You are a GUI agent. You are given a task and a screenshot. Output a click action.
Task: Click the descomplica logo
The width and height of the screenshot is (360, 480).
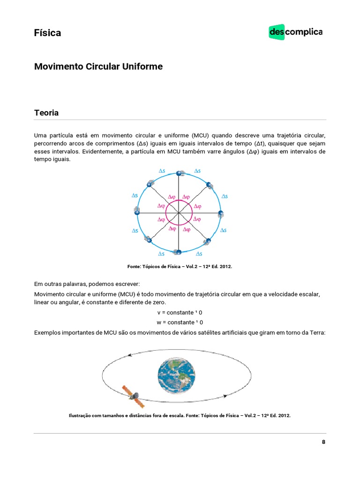295,32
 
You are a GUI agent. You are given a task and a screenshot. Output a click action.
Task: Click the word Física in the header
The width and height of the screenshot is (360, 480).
47,33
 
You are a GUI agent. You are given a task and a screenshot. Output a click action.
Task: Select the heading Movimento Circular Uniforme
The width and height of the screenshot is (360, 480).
98,67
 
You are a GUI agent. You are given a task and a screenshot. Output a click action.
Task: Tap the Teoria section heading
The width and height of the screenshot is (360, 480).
46,113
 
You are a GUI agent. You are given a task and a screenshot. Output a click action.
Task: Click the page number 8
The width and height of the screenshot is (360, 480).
323,442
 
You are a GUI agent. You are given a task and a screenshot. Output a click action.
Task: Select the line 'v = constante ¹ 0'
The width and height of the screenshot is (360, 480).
180,312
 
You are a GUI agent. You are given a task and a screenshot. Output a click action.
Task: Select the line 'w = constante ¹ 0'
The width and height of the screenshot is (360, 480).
180,322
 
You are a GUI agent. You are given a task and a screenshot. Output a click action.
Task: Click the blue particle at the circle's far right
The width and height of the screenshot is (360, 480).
220,213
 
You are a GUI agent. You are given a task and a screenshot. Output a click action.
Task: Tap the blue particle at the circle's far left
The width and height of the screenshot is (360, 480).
137,213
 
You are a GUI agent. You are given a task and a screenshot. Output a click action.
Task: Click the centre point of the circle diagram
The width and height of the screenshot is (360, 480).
179,213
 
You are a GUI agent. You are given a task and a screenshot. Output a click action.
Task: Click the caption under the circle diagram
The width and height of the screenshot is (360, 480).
180,266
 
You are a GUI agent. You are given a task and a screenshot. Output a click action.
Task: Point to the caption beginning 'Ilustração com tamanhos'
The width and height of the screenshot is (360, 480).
180,415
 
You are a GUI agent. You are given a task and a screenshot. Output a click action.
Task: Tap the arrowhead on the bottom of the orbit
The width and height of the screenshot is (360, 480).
225,396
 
